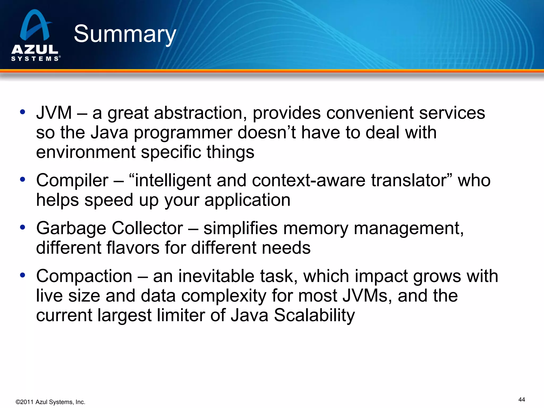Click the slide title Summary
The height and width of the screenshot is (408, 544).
(125, 34)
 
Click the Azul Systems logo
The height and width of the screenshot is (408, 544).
(35, 36)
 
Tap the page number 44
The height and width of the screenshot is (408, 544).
(521, 399)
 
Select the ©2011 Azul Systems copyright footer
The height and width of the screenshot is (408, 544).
(50, 402)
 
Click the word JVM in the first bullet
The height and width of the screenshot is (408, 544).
(54, 113)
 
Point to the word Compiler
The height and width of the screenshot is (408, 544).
(72, 180)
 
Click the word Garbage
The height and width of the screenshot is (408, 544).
(71, 228)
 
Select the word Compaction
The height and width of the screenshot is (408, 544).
(84, 276)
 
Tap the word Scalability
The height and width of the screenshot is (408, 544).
(314, 315)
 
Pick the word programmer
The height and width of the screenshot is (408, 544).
(183, 133)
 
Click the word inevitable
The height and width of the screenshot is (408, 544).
(216, 276)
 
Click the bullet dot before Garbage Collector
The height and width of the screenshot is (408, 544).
(23, 227)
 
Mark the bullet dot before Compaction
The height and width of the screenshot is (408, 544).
(23, 275)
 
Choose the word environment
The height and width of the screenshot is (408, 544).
(86, 152)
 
